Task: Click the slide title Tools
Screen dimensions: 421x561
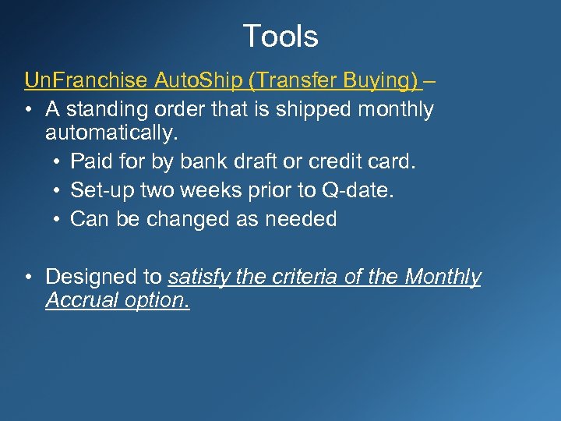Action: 280,36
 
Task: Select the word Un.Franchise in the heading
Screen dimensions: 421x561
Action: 86,80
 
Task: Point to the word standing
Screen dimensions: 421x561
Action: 104,110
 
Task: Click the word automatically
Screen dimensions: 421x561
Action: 112,133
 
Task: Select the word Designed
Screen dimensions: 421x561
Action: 91,277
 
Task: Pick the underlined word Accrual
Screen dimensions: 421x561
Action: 76,300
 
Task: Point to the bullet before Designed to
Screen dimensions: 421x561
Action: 29,278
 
